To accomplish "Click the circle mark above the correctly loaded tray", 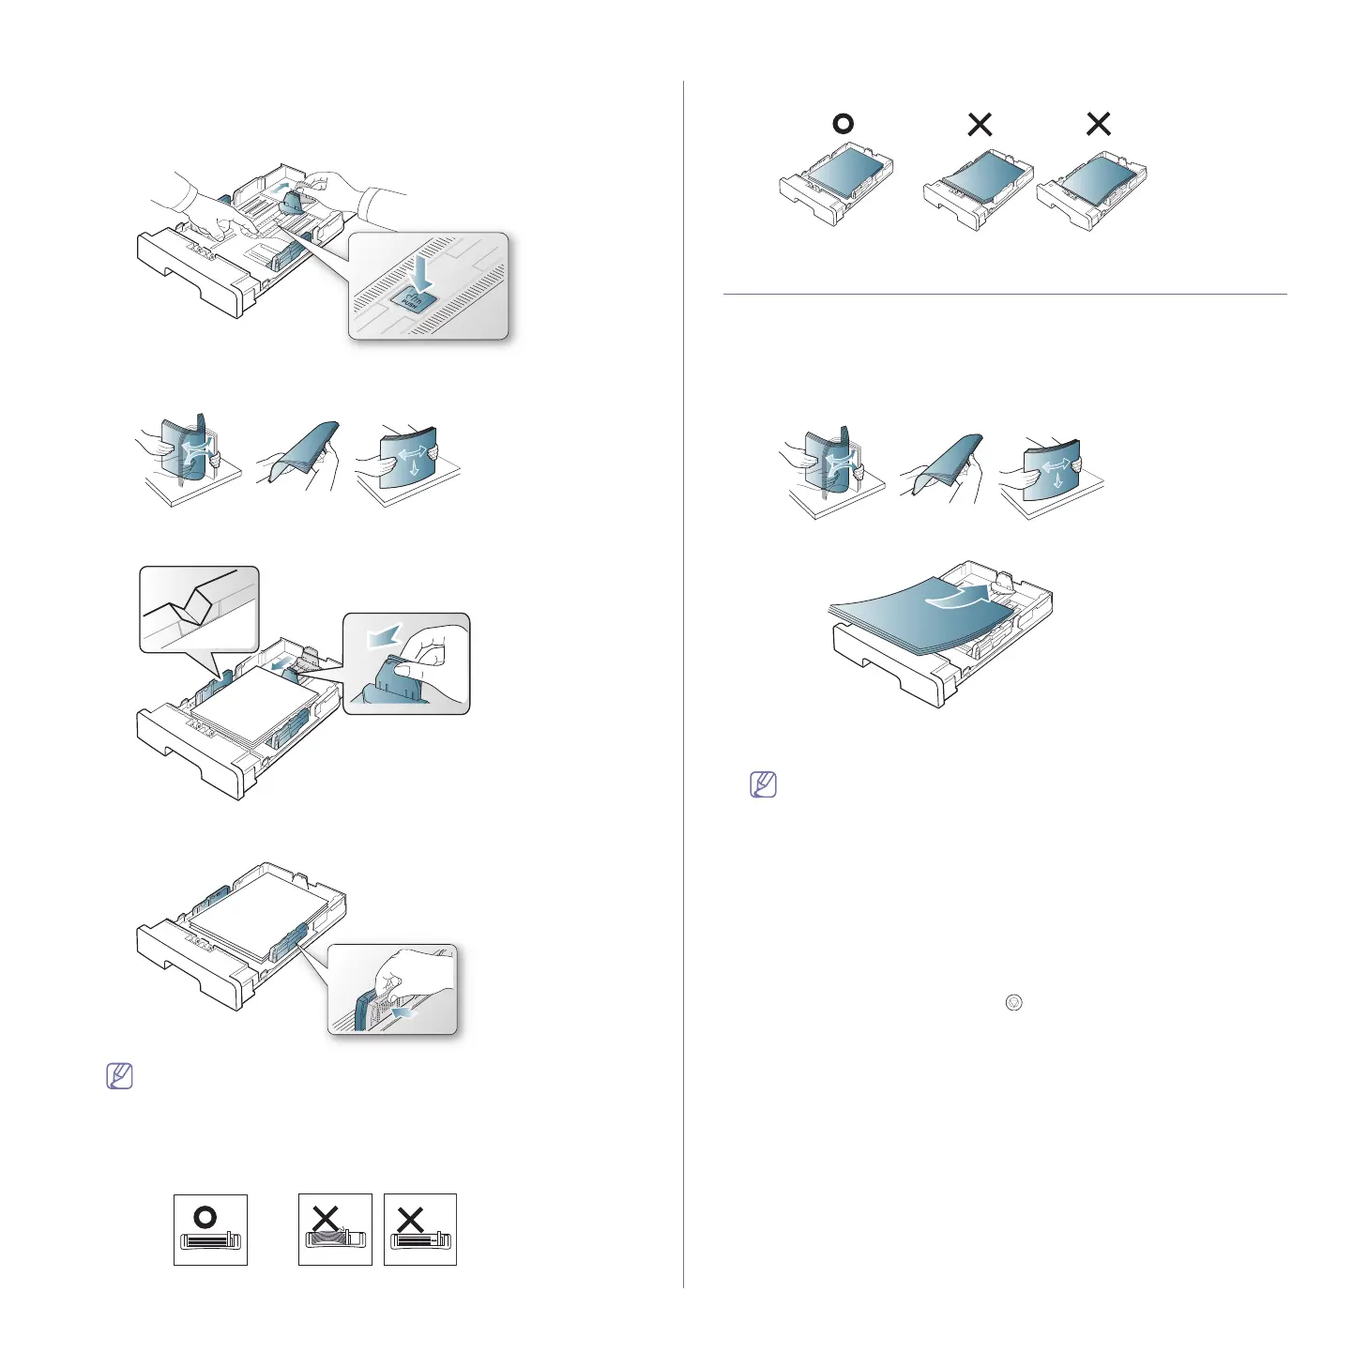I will [843, 124].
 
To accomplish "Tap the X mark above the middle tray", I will [980, 124].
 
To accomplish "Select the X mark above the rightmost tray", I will [1098, 124].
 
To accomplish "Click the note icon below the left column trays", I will [120, 1075].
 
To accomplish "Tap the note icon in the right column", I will [764, 784].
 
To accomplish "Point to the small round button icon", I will [1013, 1002].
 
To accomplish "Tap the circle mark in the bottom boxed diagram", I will [205, 1218].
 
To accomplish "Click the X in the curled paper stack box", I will [326, 1218].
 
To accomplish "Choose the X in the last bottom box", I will [410, 1219].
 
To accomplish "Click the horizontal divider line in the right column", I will [1004, 295].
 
